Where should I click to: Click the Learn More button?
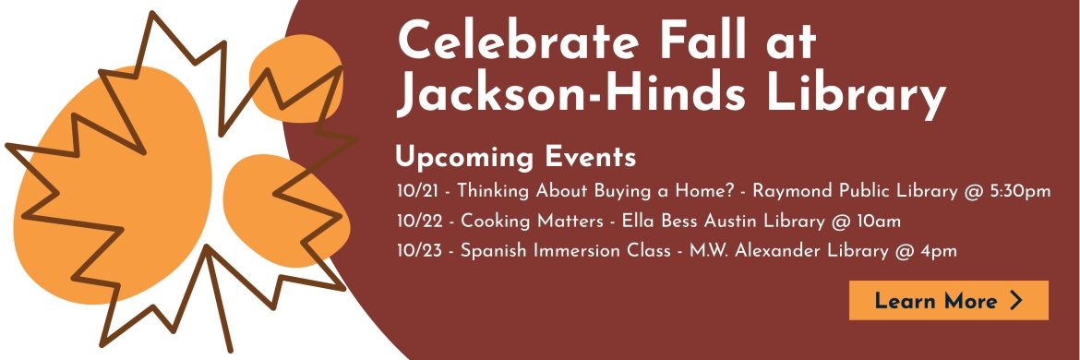[x=948, y=300]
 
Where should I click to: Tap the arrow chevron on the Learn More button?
[x=1016, y=300]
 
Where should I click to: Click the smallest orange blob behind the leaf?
[x=296, y=78]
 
